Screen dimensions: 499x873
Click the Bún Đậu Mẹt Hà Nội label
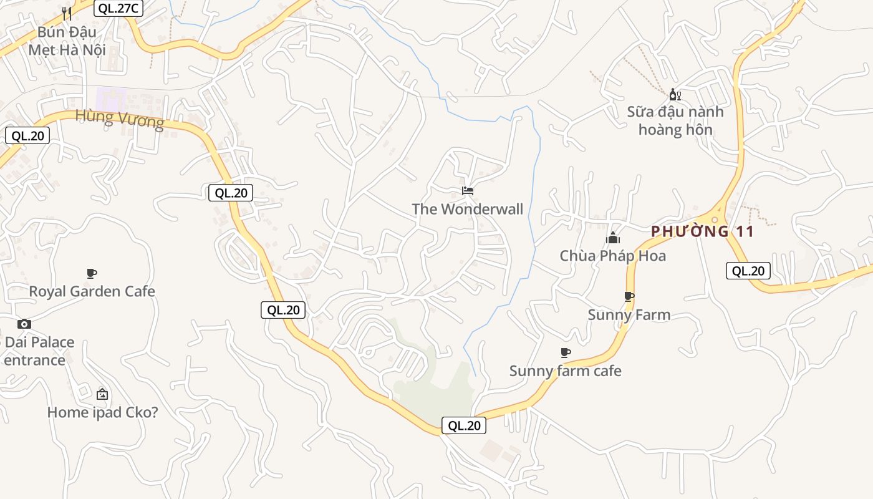point(67,41)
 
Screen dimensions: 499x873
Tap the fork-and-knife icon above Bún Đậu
point(67,13)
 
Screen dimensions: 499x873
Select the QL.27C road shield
point(118,8)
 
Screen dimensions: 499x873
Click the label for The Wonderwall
point(468,209)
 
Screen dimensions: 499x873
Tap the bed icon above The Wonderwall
point(468,190)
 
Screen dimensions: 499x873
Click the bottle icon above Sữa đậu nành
point(675,95)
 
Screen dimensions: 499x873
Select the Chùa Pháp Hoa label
point(612,256)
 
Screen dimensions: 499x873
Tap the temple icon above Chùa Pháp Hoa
point(613,238)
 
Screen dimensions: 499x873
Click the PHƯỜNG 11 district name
point(703,232)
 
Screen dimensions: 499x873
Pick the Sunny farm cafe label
point(566,371)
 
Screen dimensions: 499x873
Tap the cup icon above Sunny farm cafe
point(566,353)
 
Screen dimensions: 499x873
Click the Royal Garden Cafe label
point(92,291)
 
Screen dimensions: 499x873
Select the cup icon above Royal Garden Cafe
point(92,273)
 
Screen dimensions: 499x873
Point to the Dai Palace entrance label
point(39,351)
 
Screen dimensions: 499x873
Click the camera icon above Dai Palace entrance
point(24,324)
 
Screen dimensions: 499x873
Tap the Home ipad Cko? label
point(102,412)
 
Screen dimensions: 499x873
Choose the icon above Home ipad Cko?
point(102,394)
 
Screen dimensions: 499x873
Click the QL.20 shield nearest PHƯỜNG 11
point(748,271)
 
